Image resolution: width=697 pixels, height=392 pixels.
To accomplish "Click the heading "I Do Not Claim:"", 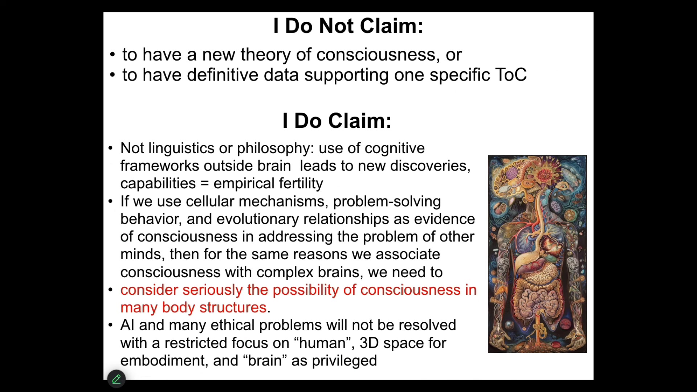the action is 348,26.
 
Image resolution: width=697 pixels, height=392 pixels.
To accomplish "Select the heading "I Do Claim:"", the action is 337,121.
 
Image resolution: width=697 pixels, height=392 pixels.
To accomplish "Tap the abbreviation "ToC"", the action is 511,75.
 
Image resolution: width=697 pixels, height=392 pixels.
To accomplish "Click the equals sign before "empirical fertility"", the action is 205,184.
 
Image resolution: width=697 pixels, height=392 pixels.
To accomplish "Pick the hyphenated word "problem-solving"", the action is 387,201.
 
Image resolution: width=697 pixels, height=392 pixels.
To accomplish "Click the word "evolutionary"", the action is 258,219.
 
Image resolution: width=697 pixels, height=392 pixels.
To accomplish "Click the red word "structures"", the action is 233,308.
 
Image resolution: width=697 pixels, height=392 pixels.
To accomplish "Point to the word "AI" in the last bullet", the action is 127,325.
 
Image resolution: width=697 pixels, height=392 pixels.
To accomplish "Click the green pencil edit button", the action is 117,379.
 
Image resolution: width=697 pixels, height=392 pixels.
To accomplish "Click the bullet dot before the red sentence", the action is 111,290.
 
